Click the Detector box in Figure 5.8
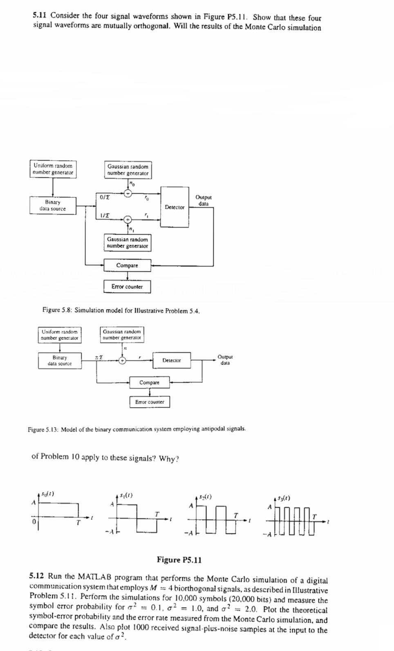point(175,207)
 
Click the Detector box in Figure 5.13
point(172,360)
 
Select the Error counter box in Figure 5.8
point(127,287)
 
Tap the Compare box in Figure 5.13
point(149,382)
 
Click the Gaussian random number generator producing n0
point(128,170)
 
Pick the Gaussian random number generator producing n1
point(128,242)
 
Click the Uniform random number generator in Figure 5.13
point(60,335)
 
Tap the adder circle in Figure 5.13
point(122,361)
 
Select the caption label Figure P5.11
point(179,560)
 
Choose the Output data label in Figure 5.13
point(225,359)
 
